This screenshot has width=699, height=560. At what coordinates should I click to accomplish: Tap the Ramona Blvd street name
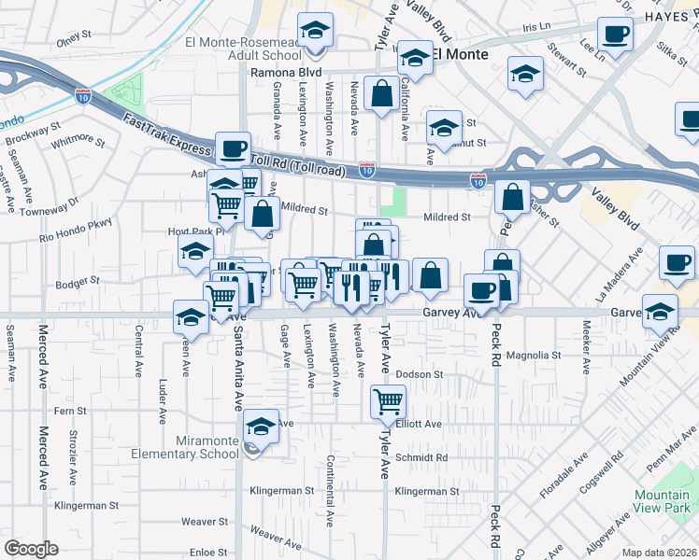coord(284,72)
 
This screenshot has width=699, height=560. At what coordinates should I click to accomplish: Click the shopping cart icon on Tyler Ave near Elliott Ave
coord(388,402)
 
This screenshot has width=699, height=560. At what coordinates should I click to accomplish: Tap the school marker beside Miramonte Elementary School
coord(261,428)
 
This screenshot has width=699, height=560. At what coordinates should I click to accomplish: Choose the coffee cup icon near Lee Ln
coord(615,36)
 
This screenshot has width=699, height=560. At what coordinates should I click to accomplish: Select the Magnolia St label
coord(533,356)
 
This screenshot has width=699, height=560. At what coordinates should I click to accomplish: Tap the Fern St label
coord(70,411)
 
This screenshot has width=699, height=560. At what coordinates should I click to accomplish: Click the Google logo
coord(31,549)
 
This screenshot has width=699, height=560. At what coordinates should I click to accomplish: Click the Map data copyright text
coord(660,553)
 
